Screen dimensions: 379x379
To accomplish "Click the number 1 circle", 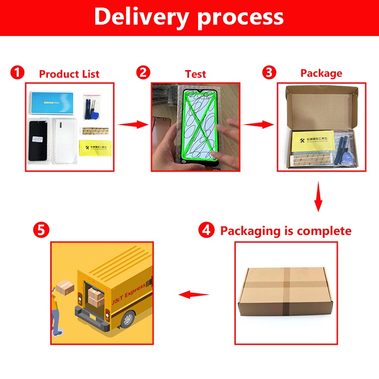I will click(18, 73).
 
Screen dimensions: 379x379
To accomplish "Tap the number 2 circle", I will click(143, 73).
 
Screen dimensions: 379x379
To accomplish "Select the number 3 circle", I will click(269, 73).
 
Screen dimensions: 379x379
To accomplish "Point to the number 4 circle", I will click(206, 231).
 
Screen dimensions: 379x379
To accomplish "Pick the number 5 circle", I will click(41, 231).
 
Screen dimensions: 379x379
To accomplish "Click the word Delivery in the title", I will click(142, 17).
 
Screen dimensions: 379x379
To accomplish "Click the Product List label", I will click(69, 74).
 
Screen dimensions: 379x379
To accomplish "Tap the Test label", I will click(196, 74).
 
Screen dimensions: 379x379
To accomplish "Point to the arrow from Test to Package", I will click(259, 124).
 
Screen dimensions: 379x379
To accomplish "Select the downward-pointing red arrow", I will click(318, 199).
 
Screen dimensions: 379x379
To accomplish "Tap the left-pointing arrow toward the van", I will click(193, 295).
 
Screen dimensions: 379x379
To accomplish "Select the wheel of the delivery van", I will click(127, 319).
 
